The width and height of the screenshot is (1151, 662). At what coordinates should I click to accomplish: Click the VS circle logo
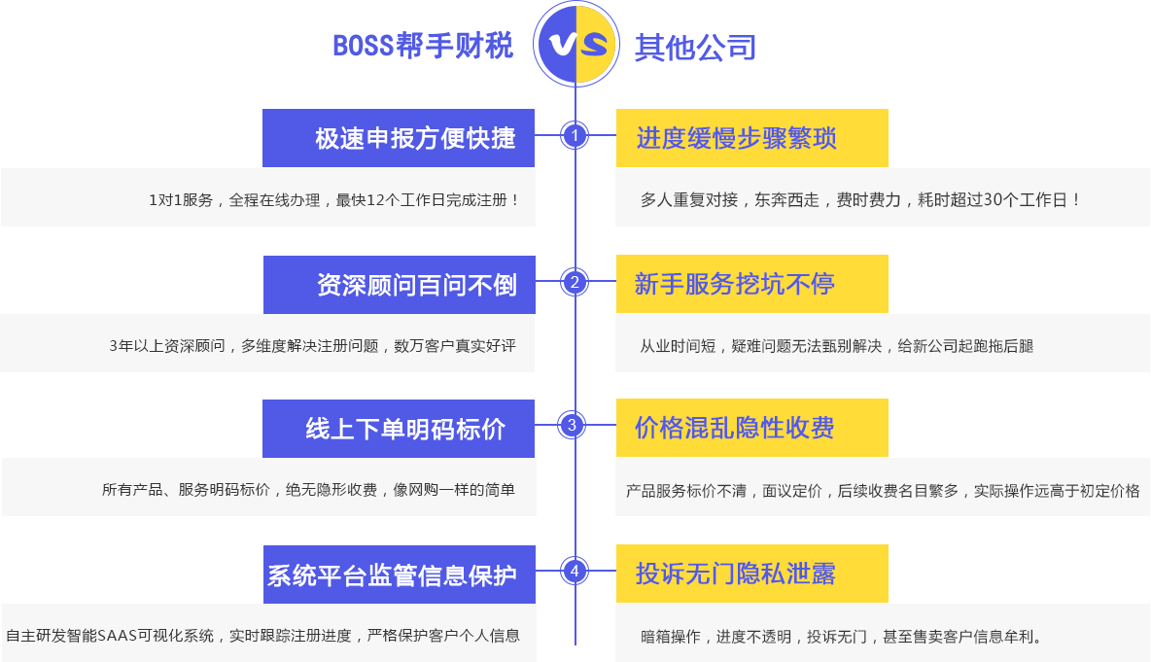point(576,44)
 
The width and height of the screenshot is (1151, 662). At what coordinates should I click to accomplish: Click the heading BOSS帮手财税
point(423,46)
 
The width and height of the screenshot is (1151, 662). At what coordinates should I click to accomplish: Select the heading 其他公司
point(695,48)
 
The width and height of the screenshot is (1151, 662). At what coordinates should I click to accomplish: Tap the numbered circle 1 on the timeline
point(575,135)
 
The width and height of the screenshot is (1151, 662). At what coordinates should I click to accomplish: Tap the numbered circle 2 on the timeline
point(575,282)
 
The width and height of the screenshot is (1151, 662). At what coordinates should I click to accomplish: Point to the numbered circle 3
point(572,425)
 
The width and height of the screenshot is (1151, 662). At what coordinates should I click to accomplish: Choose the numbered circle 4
point(575,571)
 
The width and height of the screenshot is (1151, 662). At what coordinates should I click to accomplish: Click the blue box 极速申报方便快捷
point(399,138)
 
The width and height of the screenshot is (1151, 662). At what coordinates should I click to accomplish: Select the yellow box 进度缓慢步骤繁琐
point(752,138)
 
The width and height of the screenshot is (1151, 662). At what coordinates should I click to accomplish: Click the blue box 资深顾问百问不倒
point(400,285)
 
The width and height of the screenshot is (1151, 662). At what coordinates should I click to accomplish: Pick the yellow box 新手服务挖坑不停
point(752,284)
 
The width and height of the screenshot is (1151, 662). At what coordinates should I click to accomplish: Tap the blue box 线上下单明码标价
point(399,429)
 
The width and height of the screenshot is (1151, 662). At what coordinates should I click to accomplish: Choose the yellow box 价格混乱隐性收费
point(752,428)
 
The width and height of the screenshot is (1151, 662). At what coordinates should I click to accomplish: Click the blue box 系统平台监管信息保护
point(400,575)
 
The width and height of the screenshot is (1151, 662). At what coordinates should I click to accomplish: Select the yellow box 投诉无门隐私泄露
point(752,574)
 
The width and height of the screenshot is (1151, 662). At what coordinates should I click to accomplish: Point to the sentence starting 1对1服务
point(334,199)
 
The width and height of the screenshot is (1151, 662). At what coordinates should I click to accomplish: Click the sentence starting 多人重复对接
point(860,199)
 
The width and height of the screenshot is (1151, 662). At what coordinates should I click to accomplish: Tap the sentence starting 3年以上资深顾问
point(313,346)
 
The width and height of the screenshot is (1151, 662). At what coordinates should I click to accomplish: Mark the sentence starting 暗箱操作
point(841,637)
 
